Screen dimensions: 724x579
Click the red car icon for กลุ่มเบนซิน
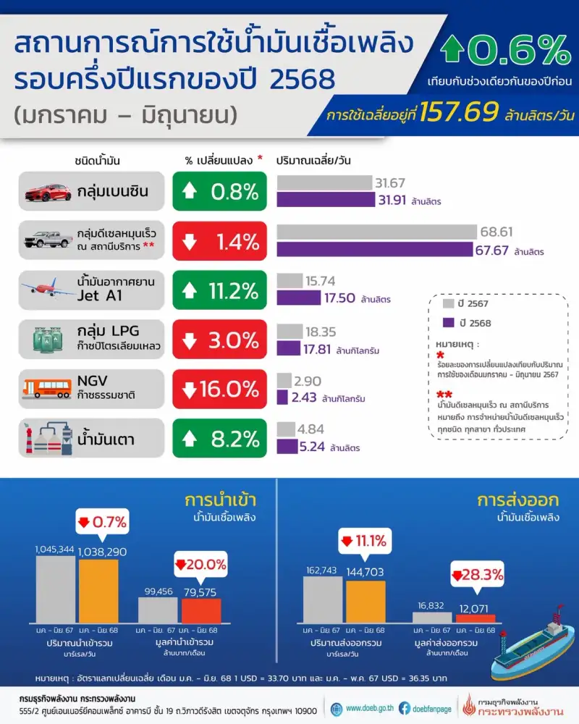48,192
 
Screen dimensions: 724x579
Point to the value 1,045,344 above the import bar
55,550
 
